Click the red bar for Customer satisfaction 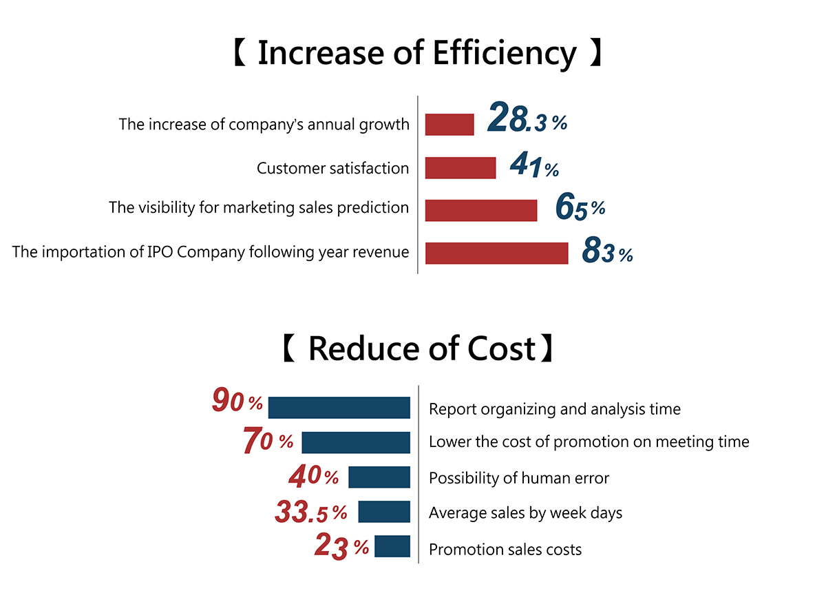coord(460,168)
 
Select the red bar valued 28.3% coord(449,125)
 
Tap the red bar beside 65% coord(481,210)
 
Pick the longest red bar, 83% coord(496,253)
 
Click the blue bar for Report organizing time coord(339,408)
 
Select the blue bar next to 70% coord(356,442)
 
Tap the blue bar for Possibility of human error coord(379,477)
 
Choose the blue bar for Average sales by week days coord(384,512)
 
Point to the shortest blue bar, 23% coord(392,546)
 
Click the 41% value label coord(534,167)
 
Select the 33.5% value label coord(311,512)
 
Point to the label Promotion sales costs coord(505,550)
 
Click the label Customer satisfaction coord(332,169)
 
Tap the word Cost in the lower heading coord(501,349)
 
